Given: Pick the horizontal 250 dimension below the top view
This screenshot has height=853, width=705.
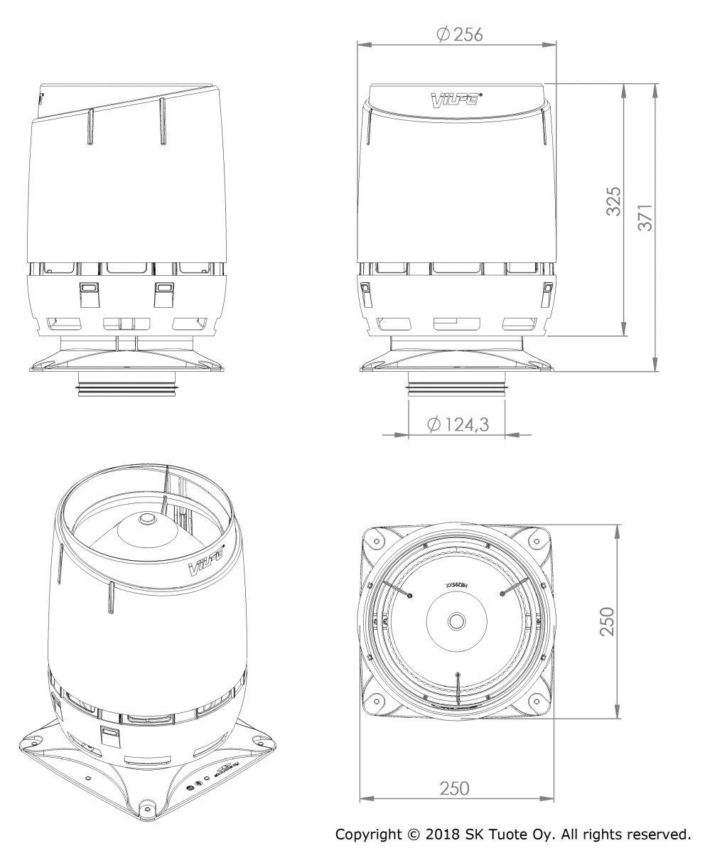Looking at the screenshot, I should pyautogui.click(x=455, y=788).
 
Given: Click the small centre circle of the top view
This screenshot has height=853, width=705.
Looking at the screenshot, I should pyautogui.click(x=455, y=621).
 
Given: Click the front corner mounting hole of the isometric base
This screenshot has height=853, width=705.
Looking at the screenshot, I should pyautogui.click(x=148, y=806).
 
